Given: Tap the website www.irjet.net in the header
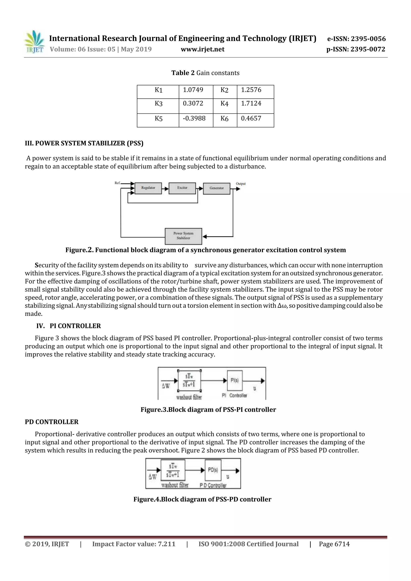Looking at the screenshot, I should tap(202, 49).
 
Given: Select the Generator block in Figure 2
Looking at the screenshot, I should tap(217, 189).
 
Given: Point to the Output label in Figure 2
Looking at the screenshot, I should tap(241, 184).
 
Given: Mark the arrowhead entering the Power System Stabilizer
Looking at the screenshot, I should tap(205, 237).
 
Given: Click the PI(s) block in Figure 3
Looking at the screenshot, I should tap(234, 381).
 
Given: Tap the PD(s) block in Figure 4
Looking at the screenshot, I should tap(213, 470).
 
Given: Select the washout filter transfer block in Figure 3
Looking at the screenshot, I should tap(189, 381).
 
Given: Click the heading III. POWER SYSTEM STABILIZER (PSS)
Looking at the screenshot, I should tap(84, 143).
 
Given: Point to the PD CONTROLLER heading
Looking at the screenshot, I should tap(52, 422).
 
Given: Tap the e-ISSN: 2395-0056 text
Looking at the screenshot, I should tap(356, 39).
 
